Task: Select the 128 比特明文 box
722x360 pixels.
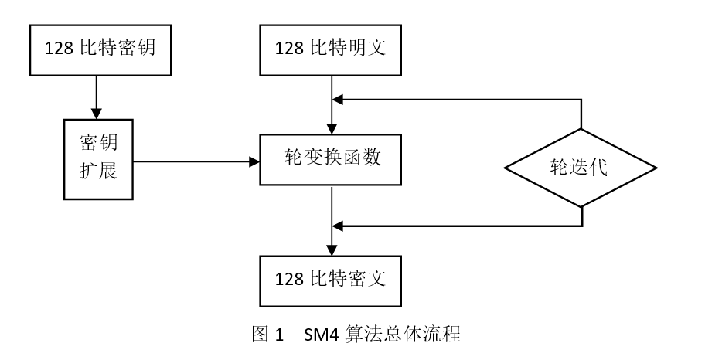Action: pyautogui.click(x=332, y=49)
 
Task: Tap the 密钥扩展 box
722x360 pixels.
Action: pyautogui.click(x=98, y=158)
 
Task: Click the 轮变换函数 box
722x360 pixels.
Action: pyautogui.click(x=332, y=160)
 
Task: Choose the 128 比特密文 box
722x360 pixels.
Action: pyautogui.click(x=332, y=279)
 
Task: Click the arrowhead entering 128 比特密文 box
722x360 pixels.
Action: pyautogui.click(x=332, y=249)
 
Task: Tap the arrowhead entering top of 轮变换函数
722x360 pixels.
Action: pyautogui.click(x=332, y=129)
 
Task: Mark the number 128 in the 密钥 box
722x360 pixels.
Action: pyautogui.click(x=59, y=49)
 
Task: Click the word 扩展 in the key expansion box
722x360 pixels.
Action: pyautogui.click(x=98, y=171)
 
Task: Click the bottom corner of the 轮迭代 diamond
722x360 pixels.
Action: pyautogui.click(x=581, y=207)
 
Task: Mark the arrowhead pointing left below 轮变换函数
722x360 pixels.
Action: pyautogui.click(x=338, y=226)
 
